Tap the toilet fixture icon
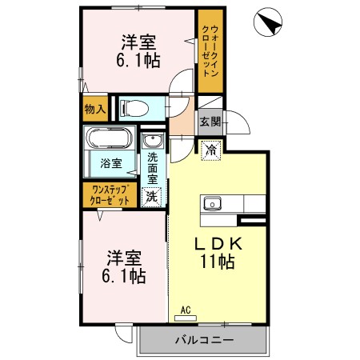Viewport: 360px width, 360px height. tap(138, 106)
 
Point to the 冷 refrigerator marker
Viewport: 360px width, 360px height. tap(210, 149)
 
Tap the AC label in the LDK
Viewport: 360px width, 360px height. tap(185, 310)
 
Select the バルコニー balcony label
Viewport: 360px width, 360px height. tap(204, 340)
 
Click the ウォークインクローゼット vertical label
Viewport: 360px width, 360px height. tap(210, 50)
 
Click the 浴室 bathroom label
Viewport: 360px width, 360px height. tap(110, 164)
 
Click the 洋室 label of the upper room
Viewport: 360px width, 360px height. tap(138, 41)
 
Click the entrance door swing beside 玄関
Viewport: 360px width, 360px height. tap(237, 123)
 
